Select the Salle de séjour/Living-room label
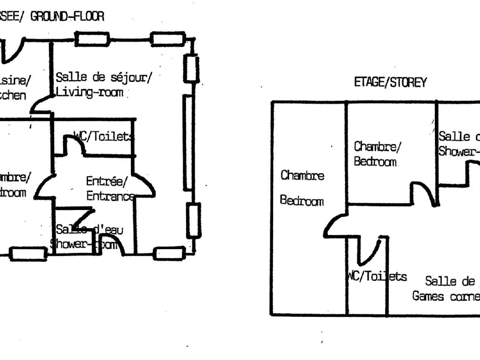103,84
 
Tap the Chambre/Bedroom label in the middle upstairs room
376,154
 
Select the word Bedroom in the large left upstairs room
302,201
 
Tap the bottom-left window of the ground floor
28,254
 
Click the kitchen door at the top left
12,50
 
